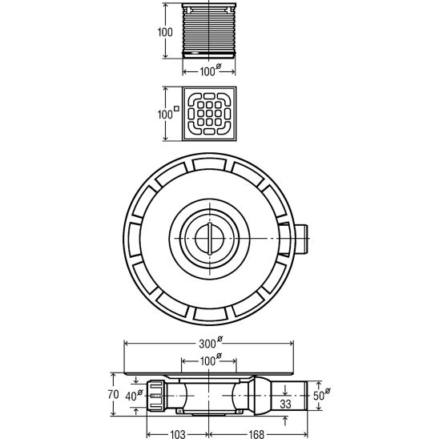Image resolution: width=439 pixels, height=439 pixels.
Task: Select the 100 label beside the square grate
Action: pos(165,114)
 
